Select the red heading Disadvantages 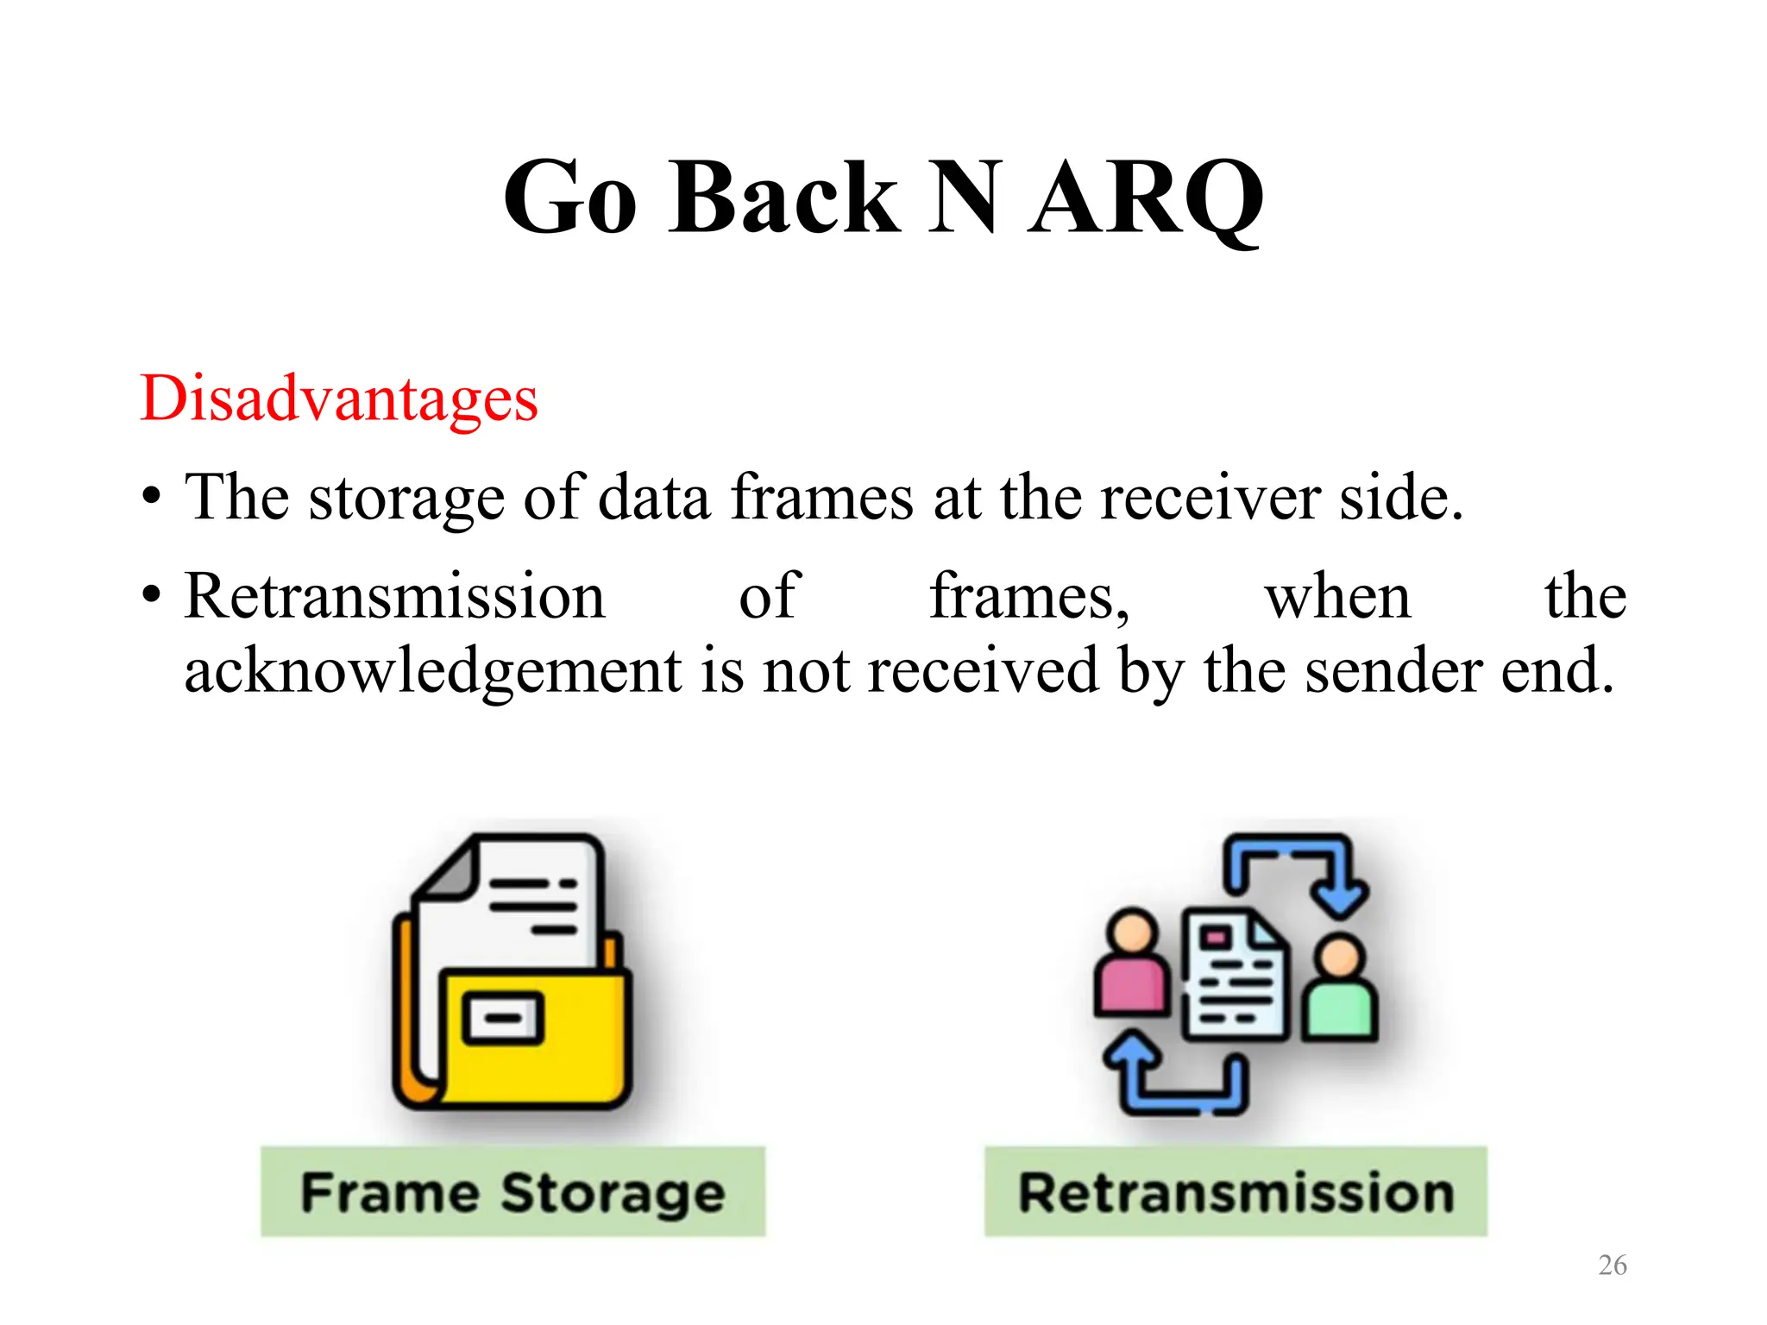point(339,399)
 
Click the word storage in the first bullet point(406,499)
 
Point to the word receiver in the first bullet point(1210,499)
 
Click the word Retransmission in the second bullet point(395,597)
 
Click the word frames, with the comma point(1029,597)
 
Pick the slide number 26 point(1612,1265)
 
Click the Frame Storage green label point(512,1192)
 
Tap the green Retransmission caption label point(1236,1192)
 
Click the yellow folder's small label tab point(503,1018)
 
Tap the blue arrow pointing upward point(1132,1057)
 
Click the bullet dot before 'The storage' point(152,499)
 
